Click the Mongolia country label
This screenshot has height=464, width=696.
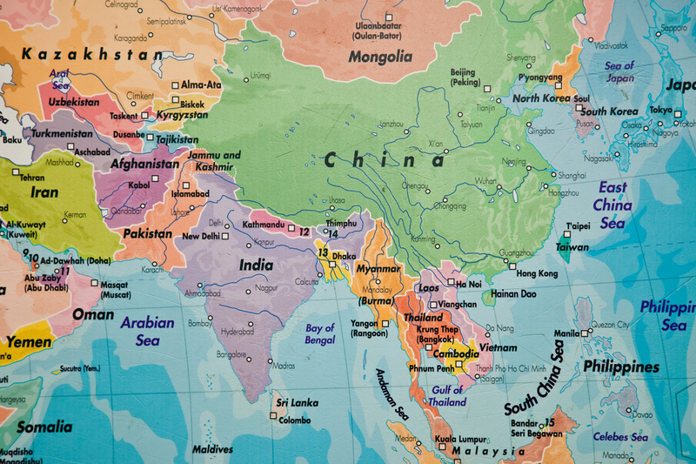[380, 57]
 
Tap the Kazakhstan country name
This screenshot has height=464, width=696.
[92, 54]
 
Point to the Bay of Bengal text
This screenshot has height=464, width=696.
[320, 333]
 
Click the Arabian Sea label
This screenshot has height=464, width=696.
[147, 330]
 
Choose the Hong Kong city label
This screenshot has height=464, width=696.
[537, 273]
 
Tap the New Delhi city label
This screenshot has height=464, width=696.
[200, 236]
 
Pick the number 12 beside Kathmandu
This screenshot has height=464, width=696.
[304, 232]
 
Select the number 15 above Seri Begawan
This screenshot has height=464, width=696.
[549, 422]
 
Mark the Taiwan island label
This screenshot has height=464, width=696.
[572, 247]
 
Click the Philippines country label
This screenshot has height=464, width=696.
[621, 366]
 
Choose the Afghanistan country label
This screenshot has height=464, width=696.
[144, 163]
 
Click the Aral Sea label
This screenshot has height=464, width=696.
[59, 79]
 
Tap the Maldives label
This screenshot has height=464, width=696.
[212, 449]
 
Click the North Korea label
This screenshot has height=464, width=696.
[542, 98]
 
